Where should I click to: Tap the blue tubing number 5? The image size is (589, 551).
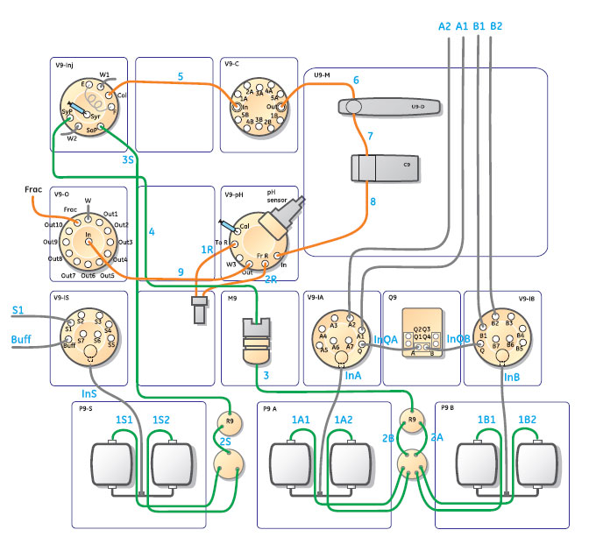tap(179, 77)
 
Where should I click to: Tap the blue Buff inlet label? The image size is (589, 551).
tap(21, 338)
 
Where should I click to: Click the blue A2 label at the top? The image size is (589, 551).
tap(444, 26)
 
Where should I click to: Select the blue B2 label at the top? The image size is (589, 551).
tap(495, 26)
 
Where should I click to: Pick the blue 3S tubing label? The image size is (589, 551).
tap(128, 159)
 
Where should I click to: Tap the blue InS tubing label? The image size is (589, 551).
tap(89, 393)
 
